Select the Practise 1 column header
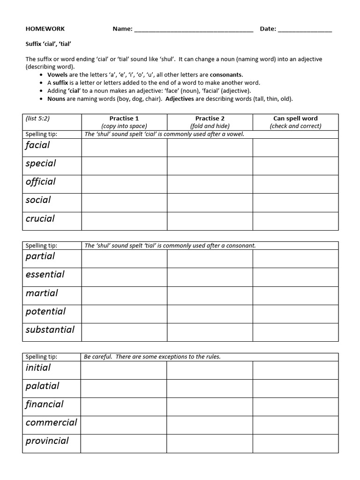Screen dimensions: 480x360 click(x=124, y=122)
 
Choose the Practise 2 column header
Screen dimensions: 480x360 click(x=210, y=122)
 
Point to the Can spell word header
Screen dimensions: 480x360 click(x=295, y=122)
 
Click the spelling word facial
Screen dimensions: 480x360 click(x=37, y=145)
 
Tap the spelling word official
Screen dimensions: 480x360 click(x=40, y=182)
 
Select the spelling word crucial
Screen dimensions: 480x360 click(x=40, y=218)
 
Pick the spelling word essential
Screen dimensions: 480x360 click(x=45, y=275)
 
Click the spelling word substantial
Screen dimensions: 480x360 click(x=50, y=330)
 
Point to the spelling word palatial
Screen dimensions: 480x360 click(x=42, y=386)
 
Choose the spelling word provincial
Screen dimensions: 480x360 click(x=47, y=441)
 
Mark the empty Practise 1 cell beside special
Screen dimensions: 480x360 click(x=124, y=165)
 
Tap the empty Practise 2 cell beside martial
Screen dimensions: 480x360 click(x=210, y=295)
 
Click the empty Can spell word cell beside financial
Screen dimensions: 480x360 click(x=295, y=406)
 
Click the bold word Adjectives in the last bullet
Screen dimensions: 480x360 click(x=180, y=99)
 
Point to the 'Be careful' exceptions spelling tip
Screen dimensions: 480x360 click(x=152, y=357)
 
